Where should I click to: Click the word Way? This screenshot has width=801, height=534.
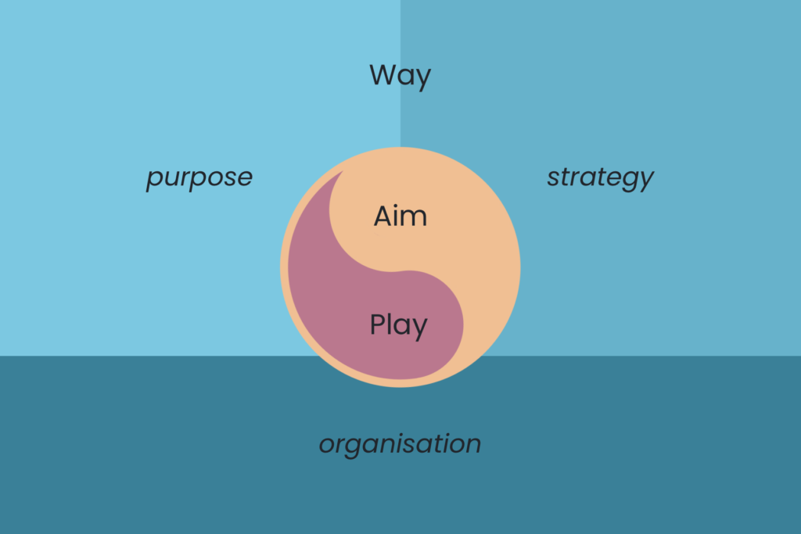pyautogui.click(x=400, y=76)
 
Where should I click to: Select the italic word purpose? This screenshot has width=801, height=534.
pyautogui.click(x=199, y=178)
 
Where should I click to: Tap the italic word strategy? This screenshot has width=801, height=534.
pyautogui.click(x=600, y=178)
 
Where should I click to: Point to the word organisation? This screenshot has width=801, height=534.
pyautogui.click(x=400, y=444)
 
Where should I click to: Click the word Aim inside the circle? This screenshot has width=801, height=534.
pyautogui.click(x=400, y=216)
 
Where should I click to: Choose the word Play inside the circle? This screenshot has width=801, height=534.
pyautogui.click(x=398, y=326)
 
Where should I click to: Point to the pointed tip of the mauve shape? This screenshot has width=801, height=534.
pyautogui.click(x=343, y=171)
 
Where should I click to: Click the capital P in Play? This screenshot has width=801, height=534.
pyautogui.click(x=378, y=324)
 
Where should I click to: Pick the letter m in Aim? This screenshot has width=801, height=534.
pyautogui.click(x=415, y=219)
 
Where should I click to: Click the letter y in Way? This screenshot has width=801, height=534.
pyautogui.click(x=423, y=80)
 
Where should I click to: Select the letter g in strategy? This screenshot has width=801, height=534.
pyautogui.click(x=630, y=181)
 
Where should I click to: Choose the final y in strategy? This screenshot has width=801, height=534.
pyautogui.click(x=645, y=181)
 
